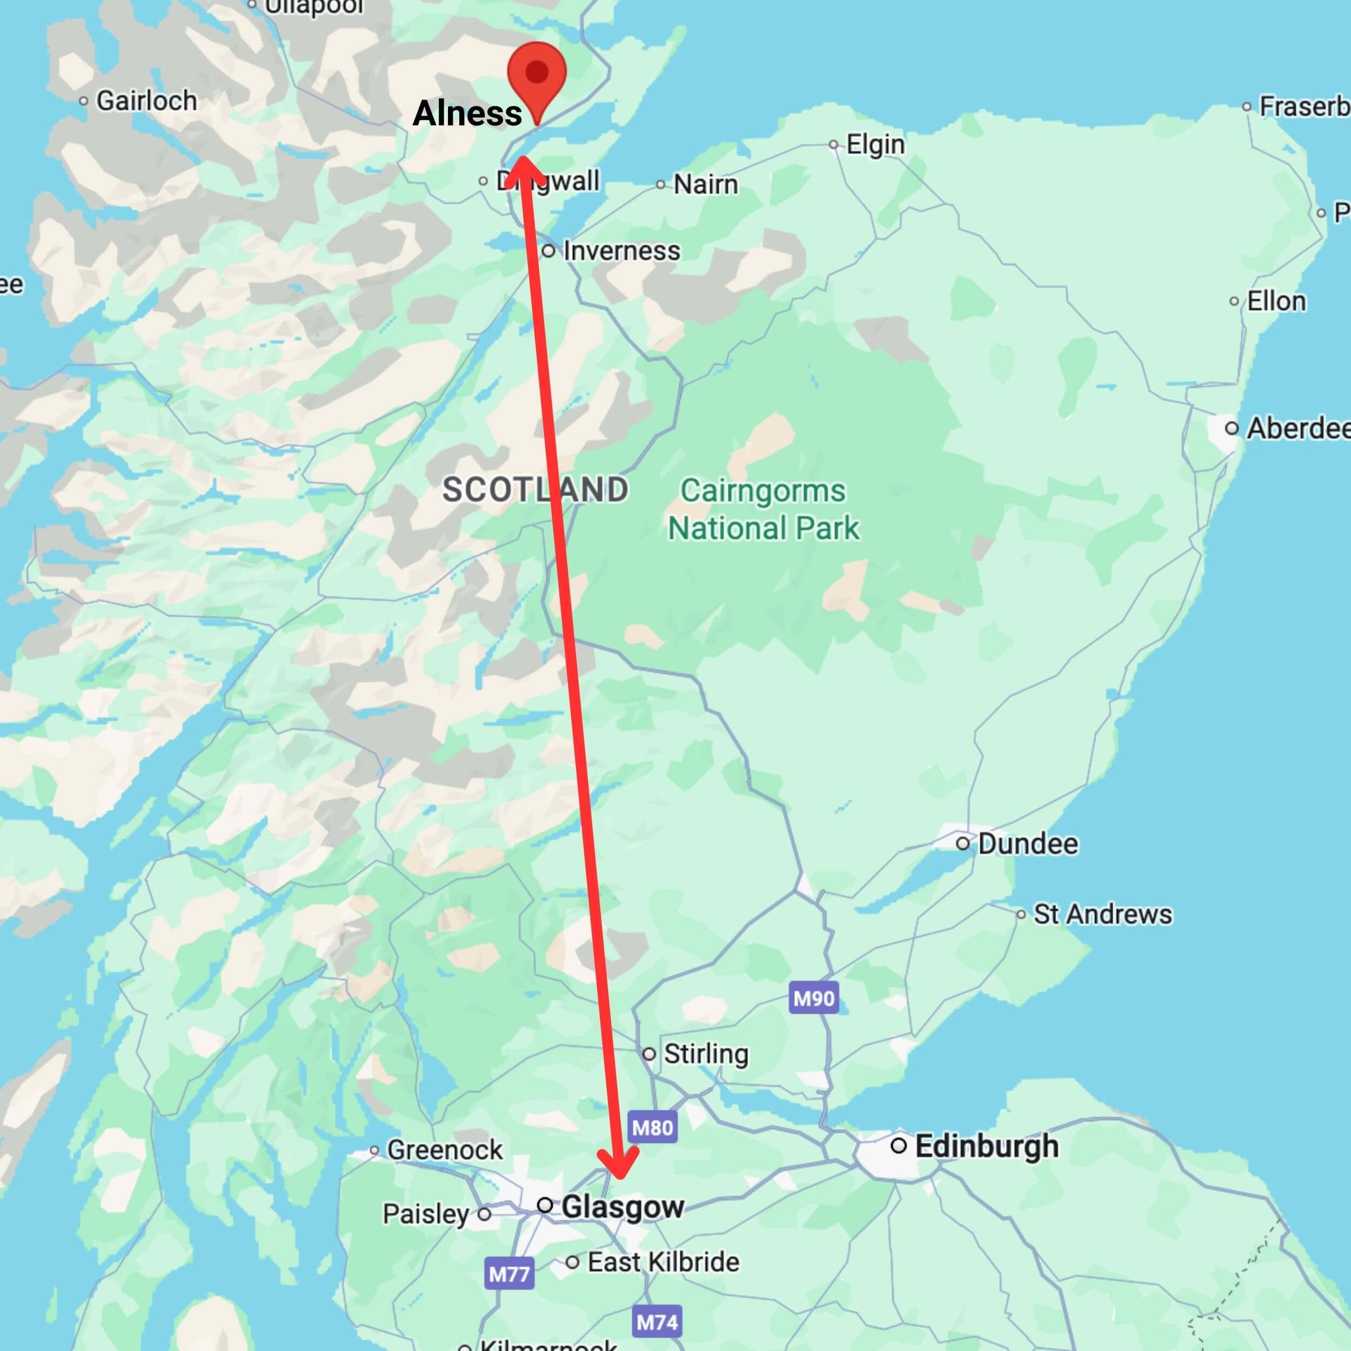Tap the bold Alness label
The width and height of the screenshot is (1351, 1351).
coord(467,113)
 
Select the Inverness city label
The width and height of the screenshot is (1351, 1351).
coord(621,250)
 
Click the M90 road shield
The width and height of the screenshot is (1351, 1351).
coord(814,999)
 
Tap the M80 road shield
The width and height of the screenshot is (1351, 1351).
coord(652,1128)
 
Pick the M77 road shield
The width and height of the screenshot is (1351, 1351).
coord(509,1274)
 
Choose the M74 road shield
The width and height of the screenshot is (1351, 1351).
coord(657,1322)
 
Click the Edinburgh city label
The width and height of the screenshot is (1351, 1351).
coord(986,1146)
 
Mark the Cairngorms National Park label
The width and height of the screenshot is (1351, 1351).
coord(763,509)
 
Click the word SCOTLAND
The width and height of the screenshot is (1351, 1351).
coord(535,490)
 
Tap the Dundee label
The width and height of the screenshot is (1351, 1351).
coord(1027,844)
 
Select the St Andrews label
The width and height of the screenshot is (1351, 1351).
coord(1102,914)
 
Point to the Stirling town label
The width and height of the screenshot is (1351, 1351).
coord(706,1054)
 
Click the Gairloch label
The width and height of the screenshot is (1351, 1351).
coord(146,101)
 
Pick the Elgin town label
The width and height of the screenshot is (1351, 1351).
coord(875,145)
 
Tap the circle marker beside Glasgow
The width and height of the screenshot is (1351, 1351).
coord(545,1205)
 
